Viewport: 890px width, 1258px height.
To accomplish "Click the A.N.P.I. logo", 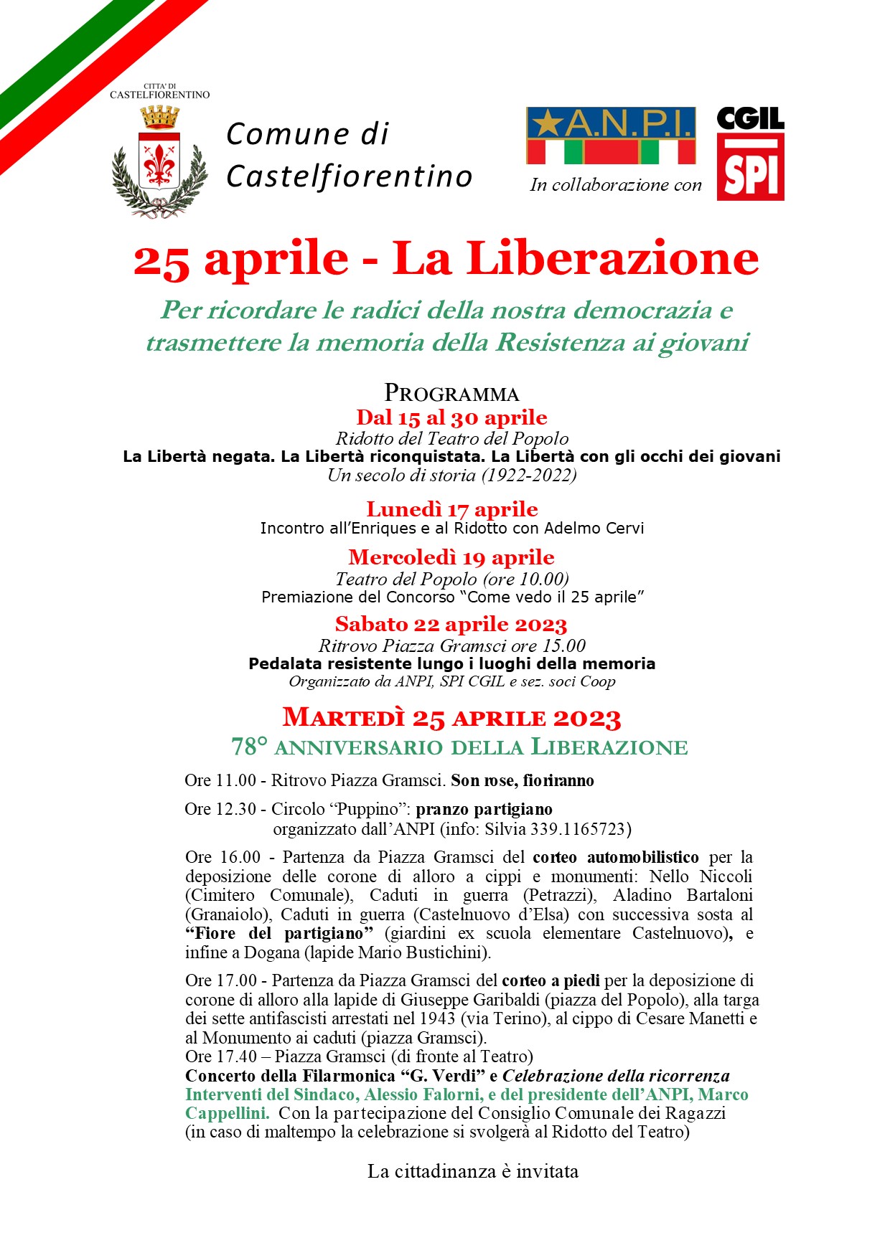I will tap(611, 135).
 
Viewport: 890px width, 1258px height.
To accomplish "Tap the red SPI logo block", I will tap(751, 169).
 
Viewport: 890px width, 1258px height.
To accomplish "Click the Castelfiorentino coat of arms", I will tap(160, 161).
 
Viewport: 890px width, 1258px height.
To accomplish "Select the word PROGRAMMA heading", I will tap(451, 393).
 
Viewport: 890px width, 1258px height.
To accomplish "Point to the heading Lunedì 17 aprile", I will tap(451, 509).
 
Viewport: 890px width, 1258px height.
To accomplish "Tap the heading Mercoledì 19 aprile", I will tap(451, 557).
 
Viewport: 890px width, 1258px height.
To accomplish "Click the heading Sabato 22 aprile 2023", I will tap(451, 624).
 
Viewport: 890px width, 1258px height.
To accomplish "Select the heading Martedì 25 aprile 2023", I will tap(451, 717).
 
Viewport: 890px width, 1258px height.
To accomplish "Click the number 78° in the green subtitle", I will tap(248, 747).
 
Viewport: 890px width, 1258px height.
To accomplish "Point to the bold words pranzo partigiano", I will tap(484, 809).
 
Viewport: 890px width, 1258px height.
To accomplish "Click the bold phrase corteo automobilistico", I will tap(616, 857).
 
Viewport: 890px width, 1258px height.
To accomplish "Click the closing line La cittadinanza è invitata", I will tap(473, 1171).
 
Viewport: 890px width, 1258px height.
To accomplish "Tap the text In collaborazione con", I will tap(616, 185).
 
